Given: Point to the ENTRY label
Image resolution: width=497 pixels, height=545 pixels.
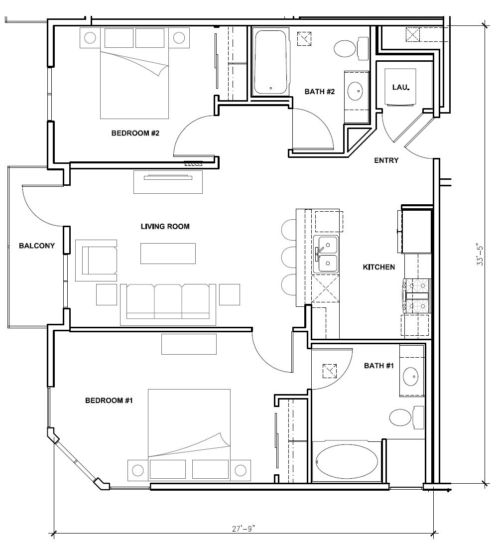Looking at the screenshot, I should click(386, 160).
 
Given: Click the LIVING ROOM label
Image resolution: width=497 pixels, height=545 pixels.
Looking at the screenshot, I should click(165, 227).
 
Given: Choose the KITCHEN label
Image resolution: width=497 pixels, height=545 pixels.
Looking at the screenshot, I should click(378, 268).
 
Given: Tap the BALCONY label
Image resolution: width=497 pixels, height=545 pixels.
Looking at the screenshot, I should click(36, 246).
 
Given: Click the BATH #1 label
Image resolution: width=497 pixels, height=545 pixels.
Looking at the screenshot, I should click(378, 366).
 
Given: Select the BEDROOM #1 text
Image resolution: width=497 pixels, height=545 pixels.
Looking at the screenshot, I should click(109, 401).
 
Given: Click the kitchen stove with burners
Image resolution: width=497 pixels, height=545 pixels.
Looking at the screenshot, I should click(417, 295).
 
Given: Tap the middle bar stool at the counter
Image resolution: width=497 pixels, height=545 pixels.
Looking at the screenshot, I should click(289, 257).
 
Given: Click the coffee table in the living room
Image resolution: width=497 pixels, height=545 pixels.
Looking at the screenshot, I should click(168, 253).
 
